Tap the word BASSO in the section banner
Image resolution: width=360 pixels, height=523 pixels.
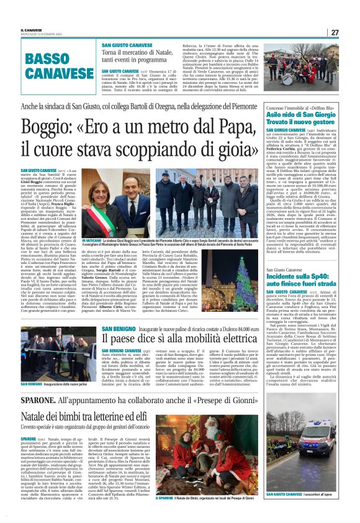(48, 60)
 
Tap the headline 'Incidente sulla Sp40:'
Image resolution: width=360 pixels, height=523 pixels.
(300, 276)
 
